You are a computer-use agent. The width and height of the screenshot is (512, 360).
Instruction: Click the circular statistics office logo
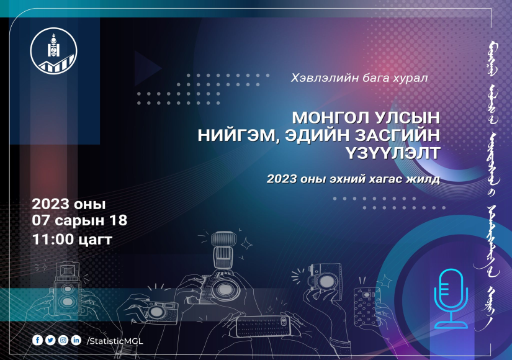(54, 51)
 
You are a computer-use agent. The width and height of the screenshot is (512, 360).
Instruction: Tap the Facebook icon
(37, 340)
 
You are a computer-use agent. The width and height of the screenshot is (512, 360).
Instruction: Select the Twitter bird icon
(50, 340)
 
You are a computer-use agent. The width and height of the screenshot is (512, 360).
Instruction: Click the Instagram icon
(63, 340)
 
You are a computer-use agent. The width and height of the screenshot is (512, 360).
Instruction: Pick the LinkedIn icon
(76, 340)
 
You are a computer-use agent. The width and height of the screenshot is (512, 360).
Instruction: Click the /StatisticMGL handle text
(115, 341)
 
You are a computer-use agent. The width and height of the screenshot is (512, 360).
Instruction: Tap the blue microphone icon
(451, 299)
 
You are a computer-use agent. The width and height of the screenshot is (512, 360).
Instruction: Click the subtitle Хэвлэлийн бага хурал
(359, 78)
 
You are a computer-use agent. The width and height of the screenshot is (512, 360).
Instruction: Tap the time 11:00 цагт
(72, 240)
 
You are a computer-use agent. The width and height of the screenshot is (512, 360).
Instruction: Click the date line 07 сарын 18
(79, 220)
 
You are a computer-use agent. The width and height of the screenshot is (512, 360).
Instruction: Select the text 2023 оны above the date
(68, 204)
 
